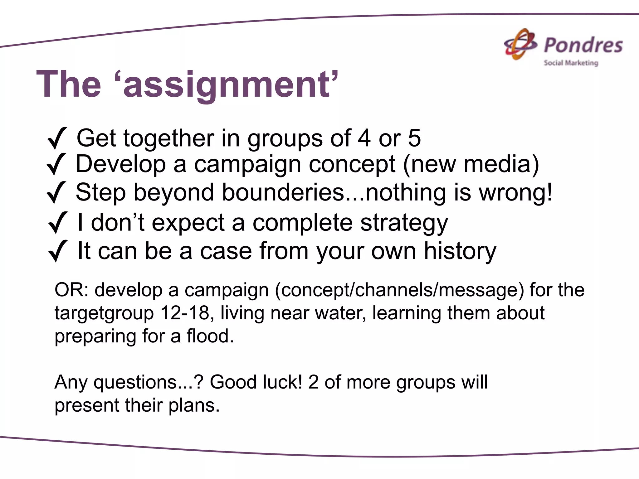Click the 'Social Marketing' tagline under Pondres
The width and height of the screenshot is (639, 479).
coord(571,63)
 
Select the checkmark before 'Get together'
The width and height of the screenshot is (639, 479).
coord(57,138)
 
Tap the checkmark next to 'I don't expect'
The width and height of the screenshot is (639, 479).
coord(58,222)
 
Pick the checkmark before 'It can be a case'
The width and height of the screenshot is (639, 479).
coord(58,251)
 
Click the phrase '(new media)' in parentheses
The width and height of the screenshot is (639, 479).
coord(471,164)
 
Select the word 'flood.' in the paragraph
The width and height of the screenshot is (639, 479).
coord(210,336)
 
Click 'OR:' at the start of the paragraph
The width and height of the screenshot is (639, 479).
coord(72,290)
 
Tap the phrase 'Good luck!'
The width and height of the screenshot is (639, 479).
coord(256,382)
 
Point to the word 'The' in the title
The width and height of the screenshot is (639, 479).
coord(69,85)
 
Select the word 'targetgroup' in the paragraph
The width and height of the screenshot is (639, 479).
coord(104,313)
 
